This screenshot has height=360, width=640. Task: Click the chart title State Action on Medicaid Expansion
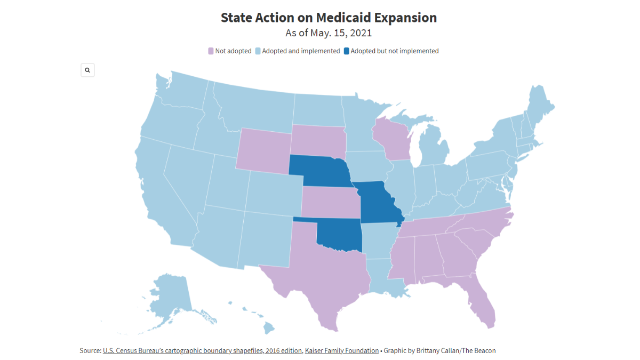[329, 18]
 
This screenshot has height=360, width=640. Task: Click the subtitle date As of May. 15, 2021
[329, 33]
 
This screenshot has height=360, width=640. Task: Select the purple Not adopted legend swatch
[211, 51]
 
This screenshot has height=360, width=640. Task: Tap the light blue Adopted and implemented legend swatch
[258, 51]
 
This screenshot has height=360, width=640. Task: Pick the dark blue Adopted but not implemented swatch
[346, 51]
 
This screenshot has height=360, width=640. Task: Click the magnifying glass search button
[87, 70]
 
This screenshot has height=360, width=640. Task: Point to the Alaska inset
[168, 299]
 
